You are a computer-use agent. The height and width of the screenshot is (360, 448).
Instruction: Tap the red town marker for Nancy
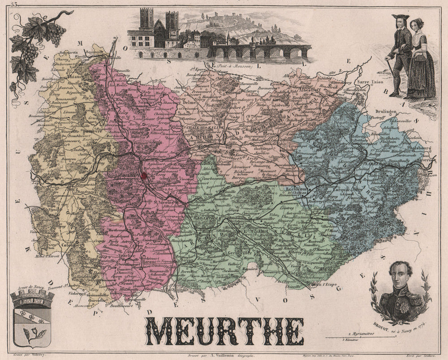tap(144, 176)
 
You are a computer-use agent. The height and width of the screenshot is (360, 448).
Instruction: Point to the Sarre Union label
tap(368, 83)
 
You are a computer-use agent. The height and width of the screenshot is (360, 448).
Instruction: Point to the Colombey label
tap(71, 245)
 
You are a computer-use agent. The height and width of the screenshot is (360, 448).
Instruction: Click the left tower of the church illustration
tap(146, 20)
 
